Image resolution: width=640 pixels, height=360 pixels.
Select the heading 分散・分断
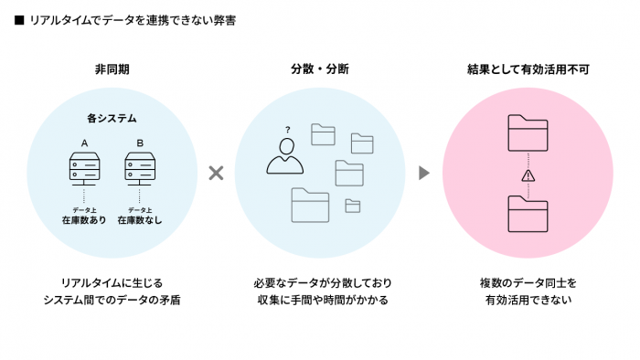tap(319, 69)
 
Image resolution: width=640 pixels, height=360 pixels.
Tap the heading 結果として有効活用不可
tap(528, 69)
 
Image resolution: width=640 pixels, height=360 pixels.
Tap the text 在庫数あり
tap(84, 220)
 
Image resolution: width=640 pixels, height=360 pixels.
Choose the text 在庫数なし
tap(139, 220)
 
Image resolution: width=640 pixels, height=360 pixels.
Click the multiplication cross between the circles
tap(216, 173)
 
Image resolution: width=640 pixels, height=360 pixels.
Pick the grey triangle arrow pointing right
tap(423, 173)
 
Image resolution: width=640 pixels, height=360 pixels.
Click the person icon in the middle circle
tap(284, 156)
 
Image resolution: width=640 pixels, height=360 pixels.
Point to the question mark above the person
tap(287, 130)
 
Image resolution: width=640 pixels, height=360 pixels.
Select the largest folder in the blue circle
tap(310, 205)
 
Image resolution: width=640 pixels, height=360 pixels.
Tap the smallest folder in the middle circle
tap(352, 206)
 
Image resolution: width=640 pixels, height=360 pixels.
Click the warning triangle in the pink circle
tap(528, 175)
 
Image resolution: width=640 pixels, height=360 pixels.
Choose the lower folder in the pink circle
tap(528, 216)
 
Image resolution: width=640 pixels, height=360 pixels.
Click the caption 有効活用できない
tap(528, 300)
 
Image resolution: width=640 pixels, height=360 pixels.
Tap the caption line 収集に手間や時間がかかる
tap(319, 300)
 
